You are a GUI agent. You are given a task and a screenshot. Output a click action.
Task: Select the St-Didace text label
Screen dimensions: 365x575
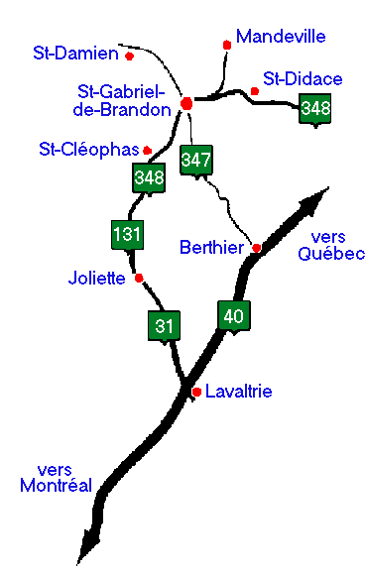[x=303, y=79]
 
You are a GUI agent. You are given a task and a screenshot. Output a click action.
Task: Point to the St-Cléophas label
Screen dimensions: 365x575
[x=86, y=150]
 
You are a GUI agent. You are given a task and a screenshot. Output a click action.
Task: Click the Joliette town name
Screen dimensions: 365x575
[x=97, y=278]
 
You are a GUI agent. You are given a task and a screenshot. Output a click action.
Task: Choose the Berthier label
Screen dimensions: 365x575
[x=211, y=246]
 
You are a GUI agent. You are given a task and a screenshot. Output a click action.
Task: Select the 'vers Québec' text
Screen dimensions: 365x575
[x=330, y=245]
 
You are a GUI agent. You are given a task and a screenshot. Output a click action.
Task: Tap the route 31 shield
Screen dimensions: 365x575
[x=164, y=325]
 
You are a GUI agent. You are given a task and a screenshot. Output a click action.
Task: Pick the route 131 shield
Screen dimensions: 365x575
[x=127, y=235]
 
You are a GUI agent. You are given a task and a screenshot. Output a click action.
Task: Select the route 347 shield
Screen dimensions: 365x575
[x=195, y=159]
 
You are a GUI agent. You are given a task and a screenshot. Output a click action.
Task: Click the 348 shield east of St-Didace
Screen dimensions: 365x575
[x=315, y=108]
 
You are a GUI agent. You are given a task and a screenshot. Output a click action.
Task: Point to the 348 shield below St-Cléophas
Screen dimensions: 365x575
[x=148, y=178]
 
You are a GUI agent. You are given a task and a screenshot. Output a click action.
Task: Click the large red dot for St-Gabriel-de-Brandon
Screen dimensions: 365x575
[x=186, y=103]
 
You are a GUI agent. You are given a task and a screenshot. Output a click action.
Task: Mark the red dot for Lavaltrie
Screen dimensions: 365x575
[x=196, y=392]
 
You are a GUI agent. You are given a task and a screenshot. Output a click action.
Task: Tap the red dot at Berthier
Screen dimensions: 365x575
[x=256, y=247]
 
